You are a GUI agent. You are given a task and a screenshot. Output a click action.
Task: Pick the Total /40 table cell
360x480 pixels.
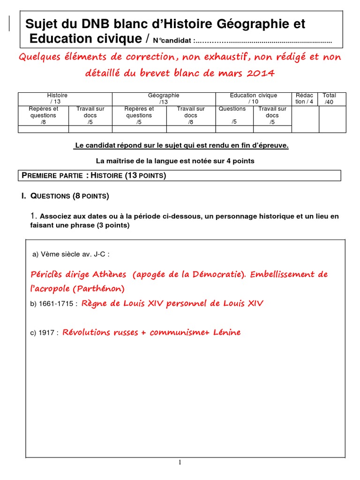[329, 98]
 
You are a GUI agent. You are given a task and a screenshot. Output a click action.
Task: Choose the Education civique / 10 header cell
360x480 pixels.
[253, 98]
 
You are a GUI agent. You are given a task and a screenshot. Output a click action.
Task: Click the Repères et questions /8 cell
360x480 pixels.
[43, 115]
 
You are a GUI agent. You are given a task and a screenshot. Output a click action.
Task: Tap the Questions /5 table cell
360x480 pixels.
[232, 115]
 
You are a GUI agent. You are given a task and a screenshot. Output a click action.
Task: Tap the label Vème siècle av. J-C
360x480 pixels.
[71, 255]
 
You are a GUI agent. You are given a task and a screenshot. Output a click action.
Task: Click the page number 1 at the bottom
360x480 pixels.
[180, 463]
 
